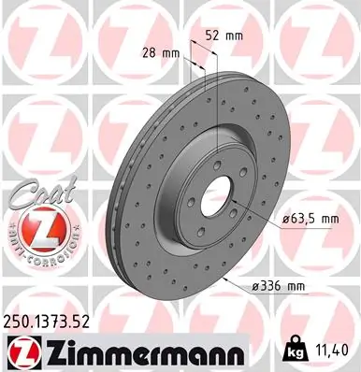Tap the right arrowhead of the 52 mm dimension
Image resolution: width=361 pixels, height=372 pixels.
[x=216, y=50]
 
